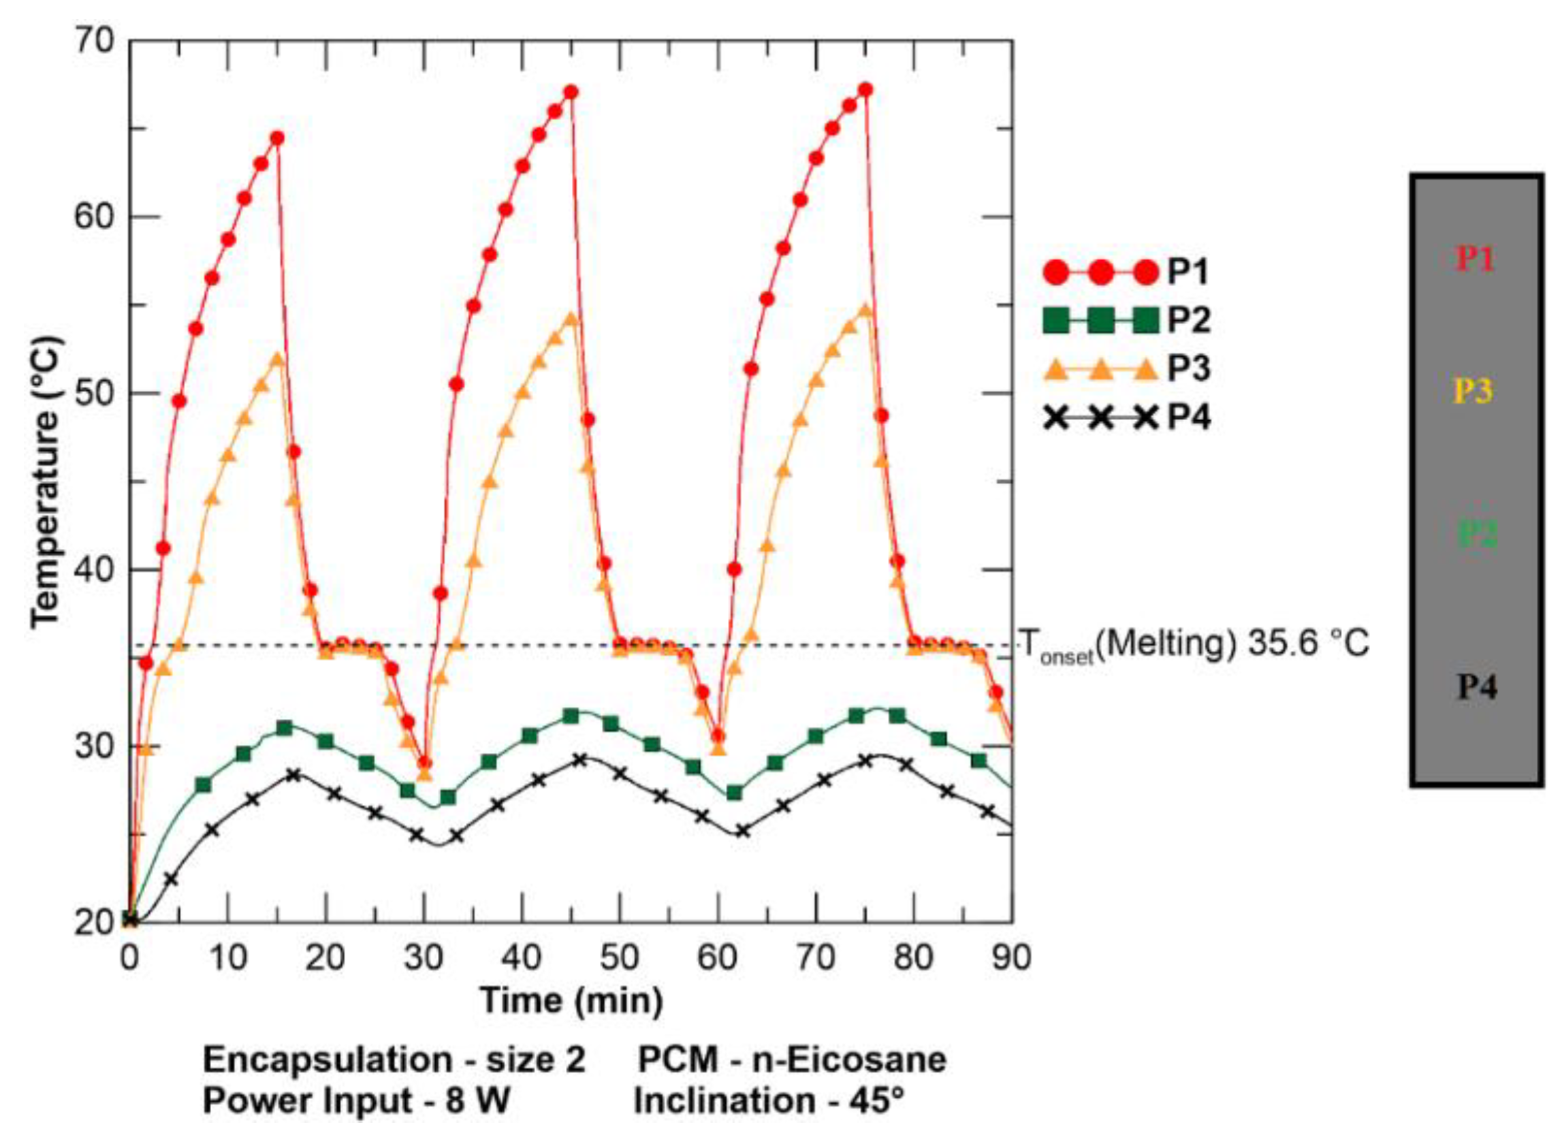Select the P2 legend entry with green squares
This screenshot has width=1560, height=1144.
1125,321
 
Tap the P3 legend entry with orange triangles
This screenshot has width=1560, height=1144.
1125,369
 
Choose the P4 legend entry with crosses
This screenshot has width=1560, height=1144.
1125,418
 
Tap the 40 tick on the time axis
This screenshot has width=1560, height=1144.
521,957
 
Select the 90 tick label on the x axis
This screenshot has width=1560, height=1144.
1011,957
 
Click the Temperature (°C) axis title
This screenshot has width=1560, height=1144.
47,483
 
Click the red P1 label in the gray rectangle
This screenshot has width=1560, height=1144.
1475,259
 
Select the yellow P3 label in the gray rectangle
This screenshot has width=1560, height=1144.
1473,392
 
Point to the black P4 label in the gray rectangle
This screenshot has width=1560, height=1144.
1478,688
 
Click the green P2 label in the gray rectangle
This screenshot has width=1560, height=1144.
1478,534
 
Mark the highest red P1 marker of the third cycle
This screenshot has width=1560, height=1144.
865,90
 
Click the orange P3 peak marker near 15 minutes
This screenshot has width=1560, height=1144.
278,360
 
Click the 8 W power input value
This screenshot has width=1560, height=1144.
477,1101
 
